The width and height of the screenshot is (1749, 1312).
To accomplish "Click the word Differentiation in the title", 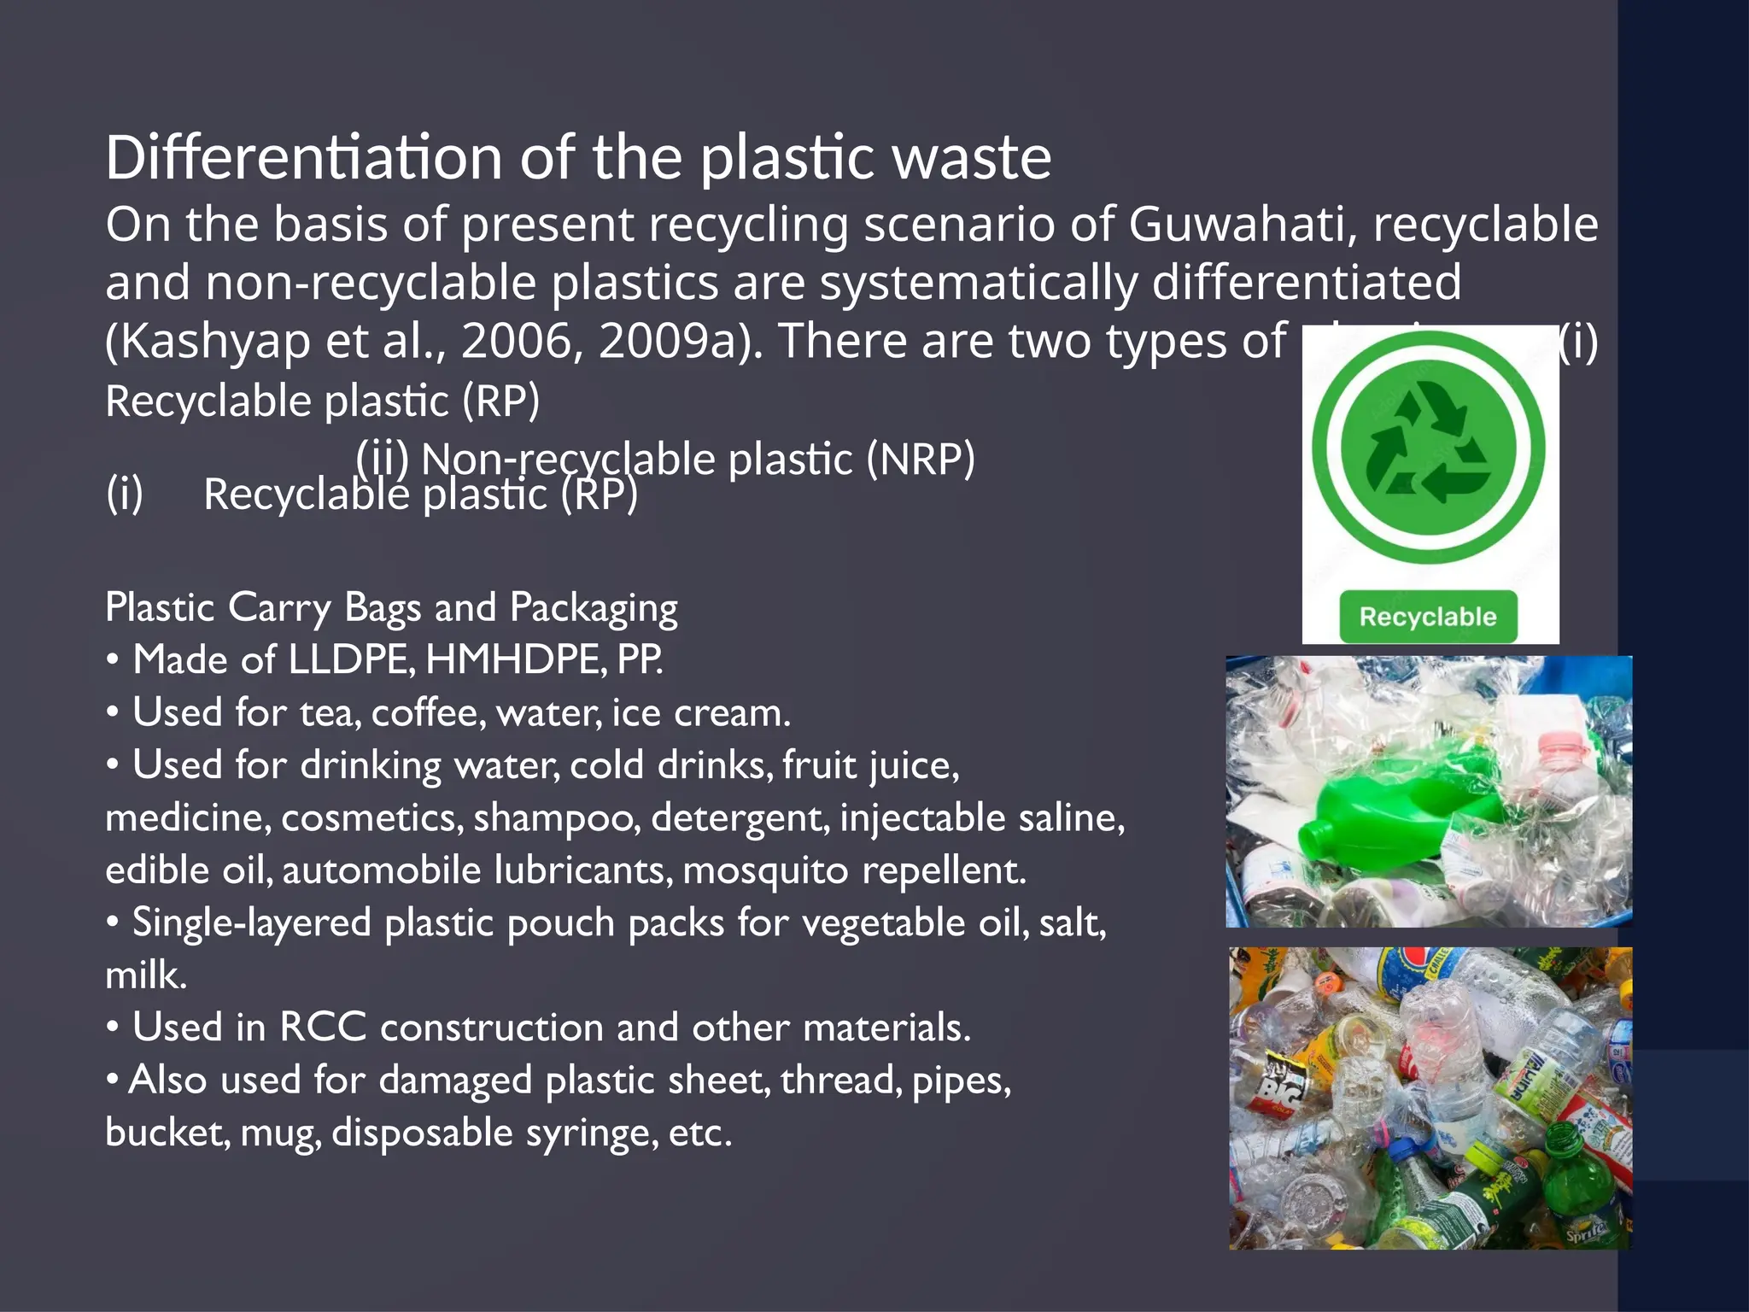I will [x=304, y=158].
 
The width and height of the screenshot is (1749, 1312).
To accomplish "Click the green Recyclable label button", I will [x=1428, y=617].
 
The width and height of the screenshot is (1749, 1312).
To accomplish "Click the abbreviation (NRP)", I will [x=921, y=460].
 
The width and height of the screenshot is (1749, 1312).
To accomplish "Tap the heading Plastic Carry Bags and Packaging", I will [x=391, y=608].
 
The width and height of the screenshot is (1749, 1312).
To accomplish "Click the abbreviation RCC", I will [x=323, y=1028].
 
